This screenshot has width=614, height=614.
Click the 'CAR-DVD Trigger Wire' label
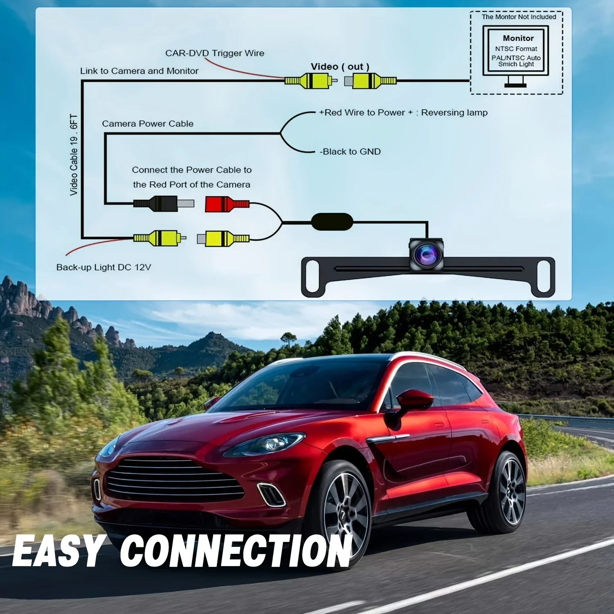[214, 53]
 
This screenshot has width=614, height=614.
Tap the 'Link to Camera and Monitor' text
[139, 71]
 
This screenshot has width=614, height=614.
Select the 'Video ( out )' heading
[340, 67]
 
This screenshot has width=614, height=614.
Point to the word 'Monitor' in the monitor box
[518, 38]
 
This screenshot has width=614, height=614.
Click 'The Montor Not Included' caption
[519, 17]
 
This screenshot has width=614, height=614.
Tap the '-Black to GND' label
[350, 152]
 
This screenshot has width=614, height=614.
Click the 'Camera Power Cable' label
[148, 124]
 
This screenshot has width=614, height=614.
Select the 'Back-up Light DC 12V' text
[104, 267]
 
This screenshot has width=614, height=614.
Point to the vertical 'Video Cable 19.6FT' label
[74, 155]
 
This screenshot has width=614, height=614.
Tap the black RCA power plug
[164, 203]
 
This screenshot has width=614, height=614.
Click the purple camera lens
[426, 255]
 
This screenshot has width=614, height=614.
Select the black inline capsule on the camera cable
[332, 221]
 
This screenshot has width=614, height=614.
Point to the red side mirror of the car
[414, 400]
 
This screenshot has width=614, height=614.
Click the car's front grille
[174, 480]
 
